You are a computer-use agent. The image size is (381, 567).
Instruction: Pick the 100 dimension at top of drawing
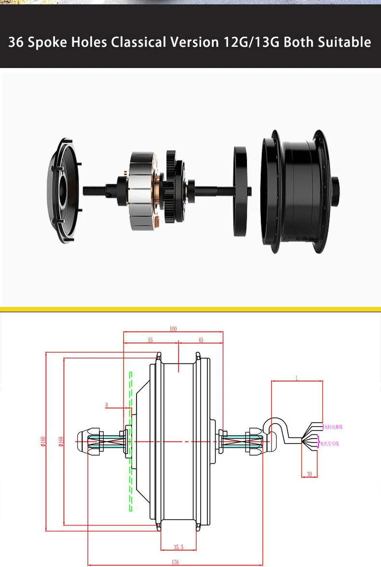click(x=173, y=329)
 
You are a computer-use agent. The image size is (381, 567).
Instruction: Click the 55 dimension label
click(x=150, y=340)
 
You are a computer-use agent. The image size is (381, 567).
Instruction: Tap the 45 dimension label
click(x=200, y=340)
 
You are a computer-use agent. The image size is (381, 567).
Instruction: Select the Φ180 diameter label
click(x=43, y=441)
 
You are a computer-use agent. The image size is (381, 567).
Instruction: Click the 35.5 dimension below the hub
click(x=178, y=547)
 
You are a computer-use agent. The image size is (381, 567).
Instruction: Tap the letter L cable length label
click(x=297, y=379)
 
